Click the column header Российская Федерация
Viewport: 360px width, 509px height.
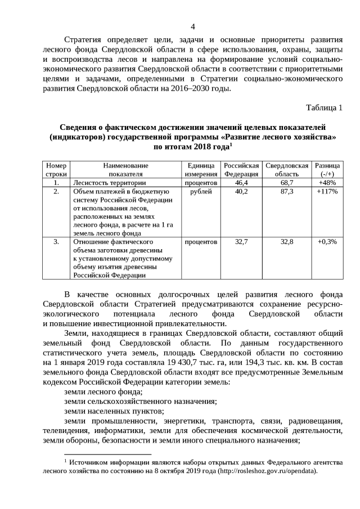tap(241, 170)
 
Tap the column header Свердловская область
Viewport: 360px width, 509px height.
tap(287, 170)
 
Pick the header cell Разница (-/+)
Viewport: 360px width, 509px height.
tap(327, 170)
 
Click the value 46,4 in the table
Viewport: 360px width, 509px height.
tap(241, 183)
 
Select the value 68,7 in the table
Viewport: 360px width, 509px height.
tap(287, 183)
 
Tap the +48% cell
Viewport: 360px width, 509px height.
tap(327, 183)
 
